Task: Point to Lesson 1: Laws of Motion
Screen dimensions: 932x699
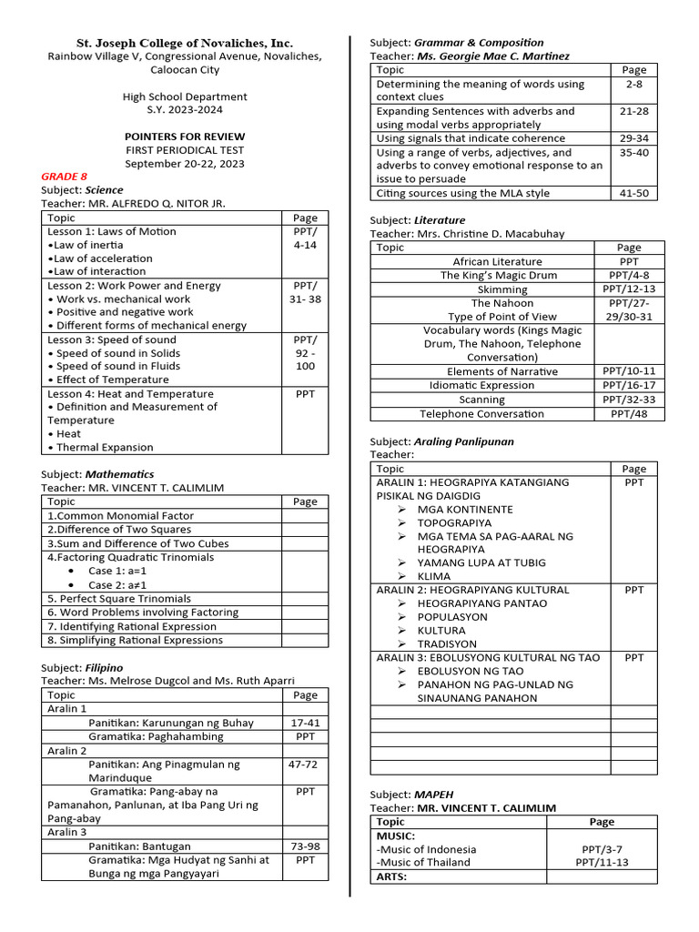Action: [x=112, y=231]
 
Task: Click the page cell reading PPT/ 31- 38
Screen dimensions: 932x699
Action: [x=305, y=292]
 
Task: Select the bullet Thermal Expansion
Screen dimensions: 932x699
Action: [x=105, y=447]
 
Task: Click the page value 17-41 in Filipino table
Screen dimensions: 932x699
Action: [x=305, y=723]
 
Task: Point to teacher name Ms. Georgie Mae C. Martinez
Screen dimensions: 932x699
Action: [x=493, y=56]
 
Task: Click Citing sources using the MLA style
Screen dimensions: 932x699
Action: [x=463, y=193]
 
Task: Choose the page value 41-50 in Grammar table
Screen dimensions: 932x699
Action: [x=633, y=193]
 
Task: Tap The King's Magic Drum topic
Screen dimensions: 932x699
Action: [x=499, y=275]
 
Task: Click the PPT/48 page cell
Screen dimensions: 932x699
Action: [x=628, y=413]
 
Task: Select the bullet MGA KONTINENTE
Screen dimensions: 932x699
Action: [x=464, y=510]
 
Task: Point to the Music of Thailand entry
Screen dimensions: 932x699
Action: [x=423, y=862]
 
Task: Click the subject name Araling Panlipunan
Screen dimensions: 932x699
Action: [x=464, y=441]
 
